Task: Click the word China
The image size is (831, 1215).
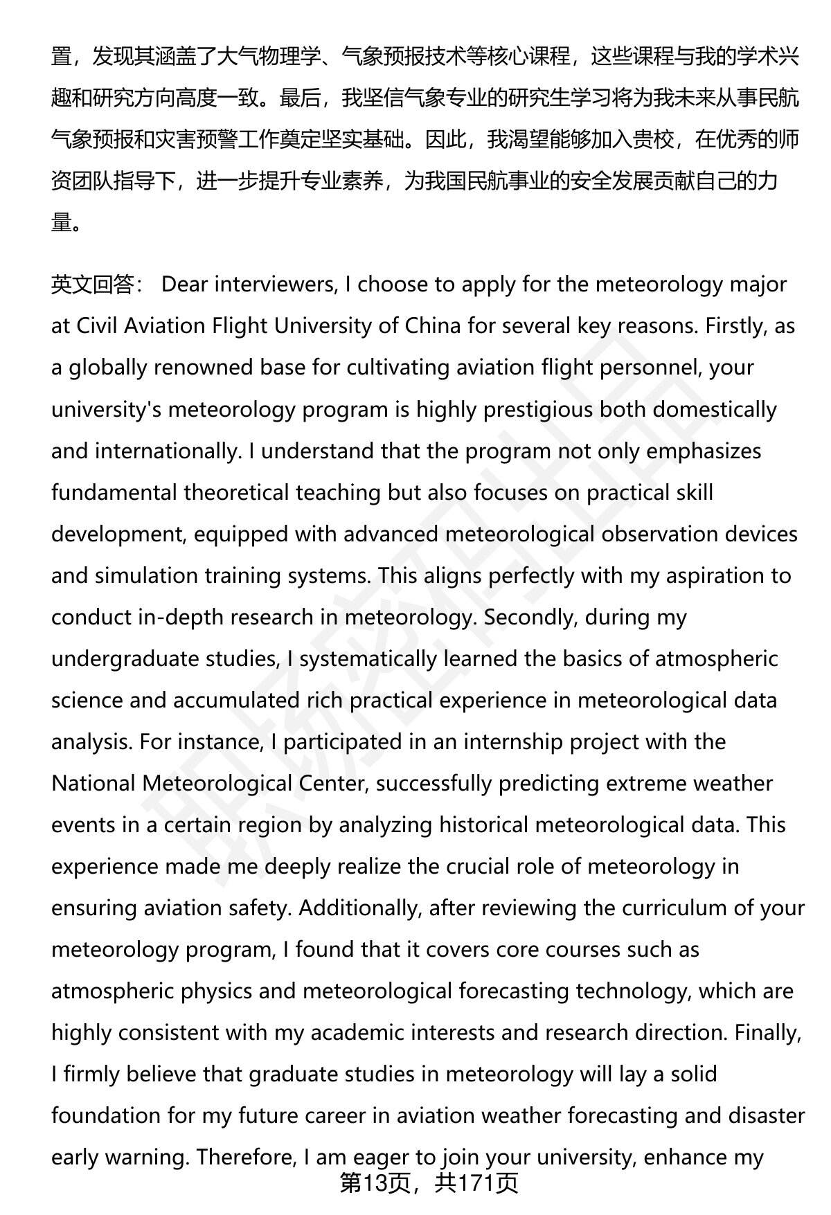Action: pyautogui.click(x=433, y=326)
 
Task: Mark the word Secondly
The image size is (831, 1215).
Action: pyautogui.click(x=530, y=617)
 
